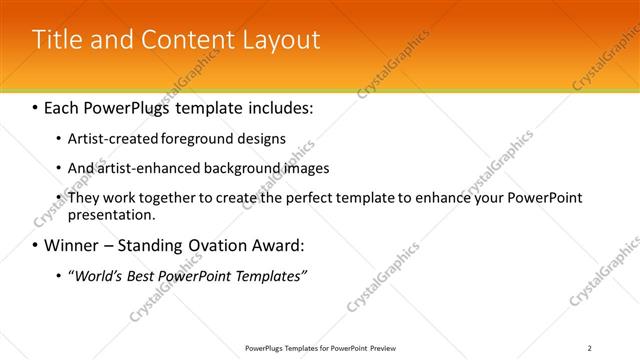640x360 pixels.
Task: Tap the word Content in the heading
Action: click(181, 40)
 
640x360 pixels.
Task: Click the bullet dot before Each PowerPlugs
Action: click(35, 105)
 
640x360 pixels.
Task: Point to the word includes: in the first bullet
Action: click(277, 105)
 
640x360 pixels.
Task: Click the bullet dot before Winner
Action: click(35, 245)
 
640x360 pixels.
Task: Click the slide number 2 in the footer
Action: click(590, 347)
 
